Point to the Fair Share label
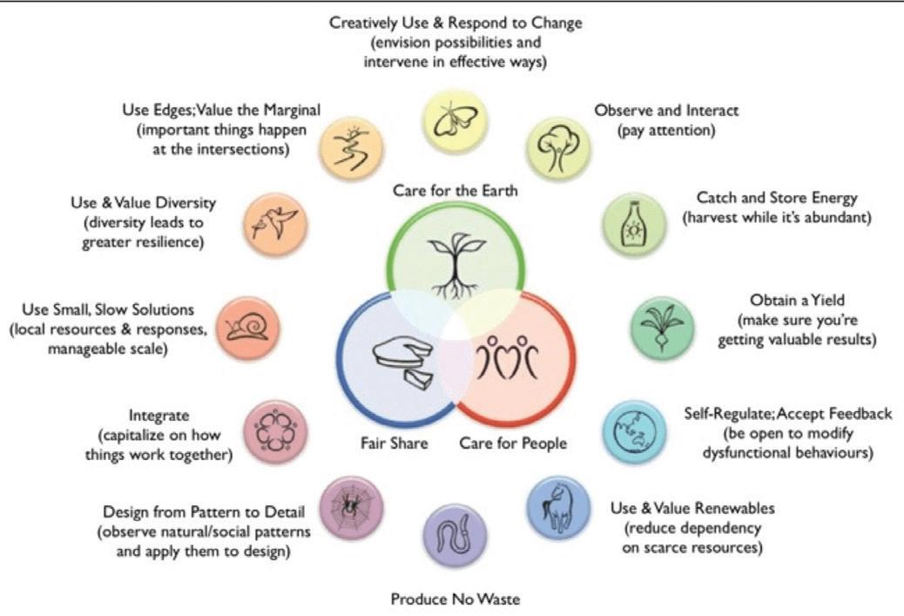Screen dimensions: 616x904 [395, 443]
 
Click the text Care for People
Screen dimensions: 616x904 [513, 443]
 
